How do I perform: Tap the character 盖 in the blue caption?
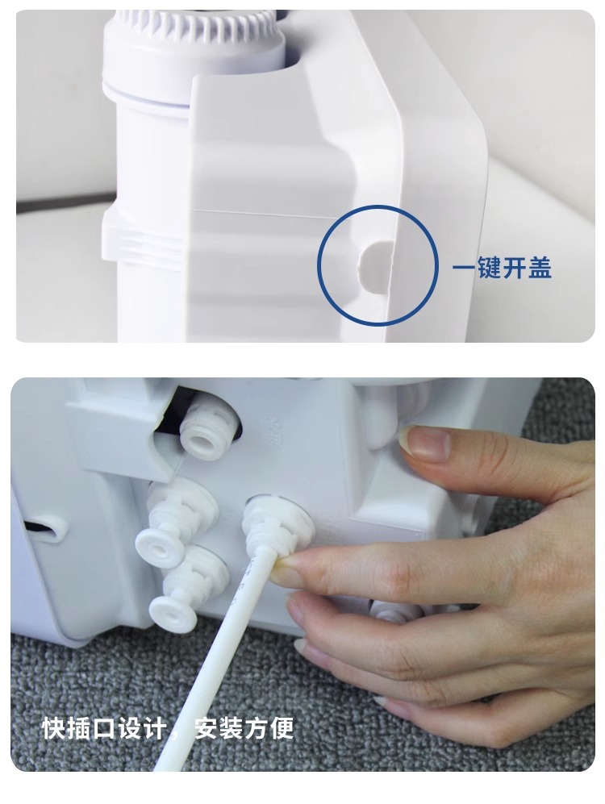click(x=540, y=267)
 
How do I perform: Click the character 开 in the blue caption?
click(x=515, y=267)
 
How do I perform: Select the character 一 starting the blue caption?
click(x=464, y=268)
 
